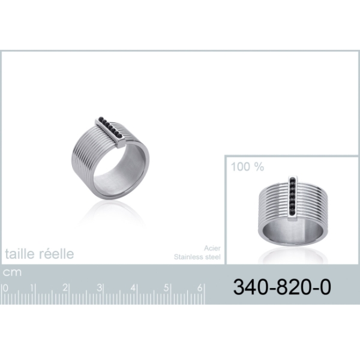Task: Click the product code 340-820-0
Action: (x=282, y=287)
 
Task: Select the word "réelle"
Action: (x=57, y=254)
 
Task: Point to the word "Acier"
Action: (x=212, y=248)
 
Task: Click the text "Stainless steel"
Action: (x=197, y=257)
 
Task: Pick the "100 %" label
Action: (x=247, y=167)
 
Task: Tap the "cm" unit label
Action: (x=12, y=272)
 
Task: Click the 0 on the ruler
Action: (x=5, y=288)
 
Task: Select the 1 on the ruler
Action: (x=32, y=288)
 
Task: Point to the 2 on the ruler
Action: (x=65, y=288)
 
